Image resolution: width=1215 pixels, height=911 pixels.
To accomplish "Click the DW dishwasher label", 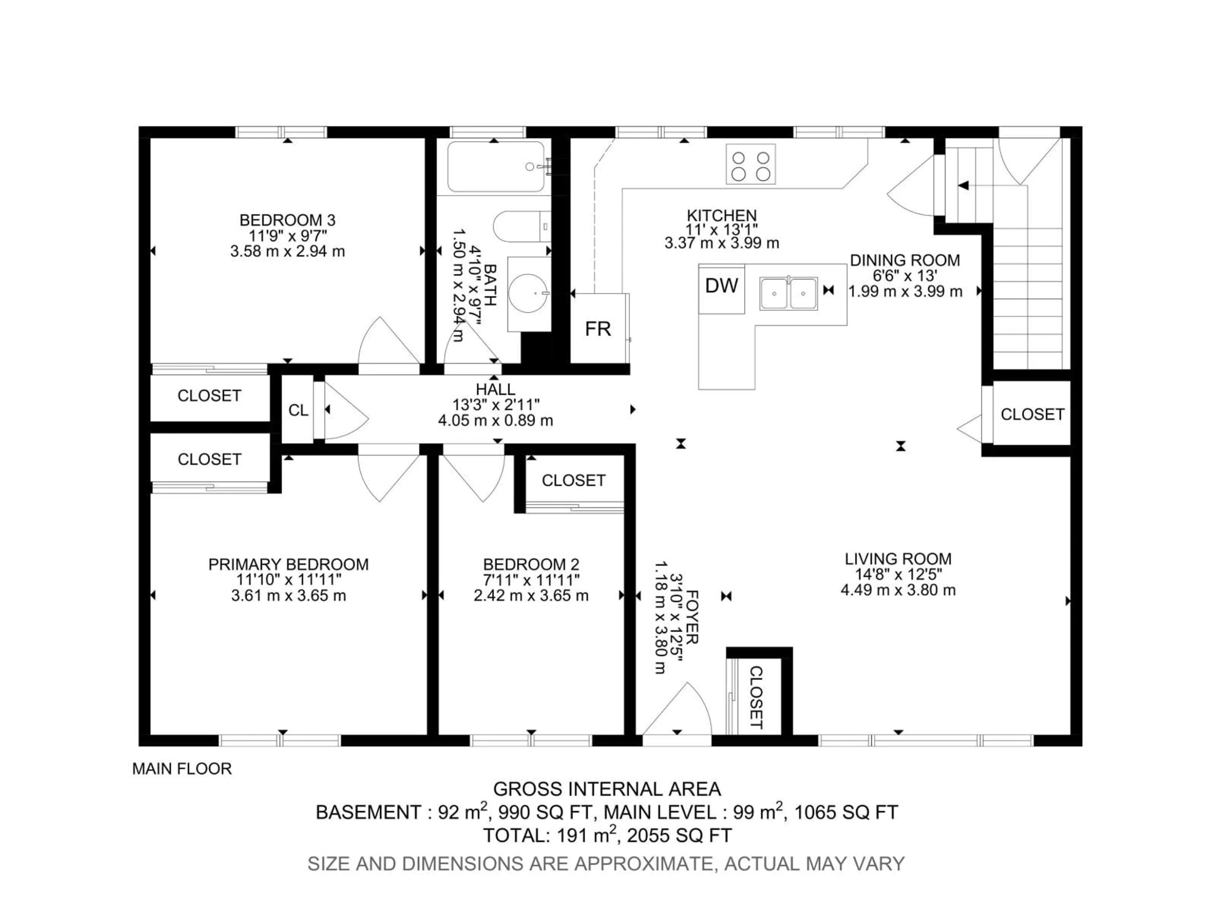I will point(721,286).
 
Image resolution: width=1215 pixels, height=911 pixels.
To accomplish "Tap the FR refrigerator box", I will point(598,329).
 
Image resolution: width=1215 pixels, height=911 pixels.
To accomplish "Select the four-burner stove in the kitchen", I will point(750,164).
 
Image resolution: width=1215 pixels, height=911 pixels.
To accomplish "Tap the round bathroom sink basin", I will point(527,293).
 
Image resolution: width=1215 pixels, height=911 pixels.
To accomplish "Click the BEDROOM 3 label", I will point(287,220).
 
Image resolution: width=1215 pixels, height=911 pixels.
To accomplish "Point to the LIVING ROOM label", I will point(898,559).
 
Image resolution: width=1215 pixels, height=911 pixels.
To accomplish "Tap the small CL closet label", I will point(298,410).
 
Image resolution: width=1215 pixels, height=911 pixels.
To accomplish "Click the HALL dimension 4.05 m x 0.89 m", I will point(495,421).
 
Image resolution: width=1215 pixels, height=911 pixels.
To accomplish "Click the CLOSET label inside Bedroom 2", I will point(573,480).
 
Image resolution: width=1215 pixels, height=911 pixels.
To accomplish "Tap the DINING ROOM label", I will point(905,260).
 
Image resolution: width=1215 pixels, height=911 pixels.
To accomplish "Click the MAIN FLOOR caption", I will point(182,769).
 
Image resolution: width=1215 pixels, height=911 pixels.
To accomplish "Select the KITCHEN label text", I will point(721,215).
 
